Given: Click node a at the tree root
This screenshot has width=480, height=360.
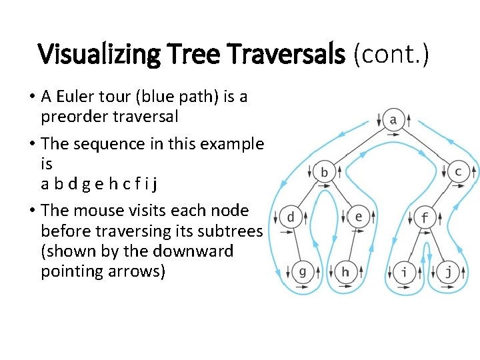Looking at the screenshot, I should tap(393, 120).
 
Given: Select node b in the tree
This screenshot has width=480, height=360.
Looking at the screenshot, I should tap(325, 172).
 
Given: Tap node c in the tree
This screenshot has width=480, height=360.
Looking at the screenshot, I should tap(458, 171).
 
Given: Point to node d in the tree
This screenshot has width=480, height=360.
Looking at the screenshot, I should tap(291, 217).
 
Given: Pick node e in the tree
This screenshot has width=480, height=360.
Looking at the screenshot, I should tap(359, 216).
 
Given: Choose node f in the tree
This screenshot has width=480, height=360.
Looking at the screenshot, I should tap(425, 217).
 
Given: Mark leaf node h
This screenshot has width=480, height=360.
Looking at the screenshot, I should tap(345, 271).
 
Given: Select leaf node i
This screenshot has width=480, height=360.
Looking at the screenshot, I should tap(404, 271).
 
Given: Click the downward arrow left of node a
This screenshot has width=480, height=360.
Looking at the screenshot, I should tap(379, 121).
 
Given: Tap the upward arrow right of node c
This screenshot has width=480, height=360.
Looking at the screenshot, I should tap(473, 172).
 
